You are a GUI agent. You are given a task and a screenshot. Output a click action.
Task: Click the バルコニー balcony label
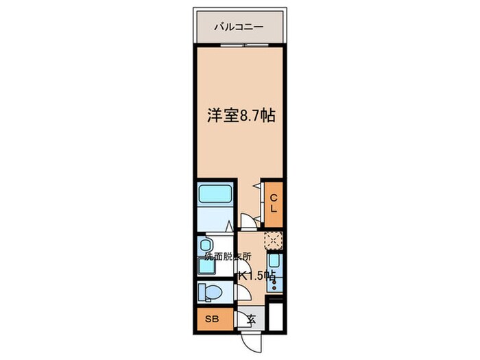coord(239,28)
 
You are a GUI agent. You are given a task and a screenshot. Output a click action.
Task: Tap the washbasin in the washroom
coord(204,246)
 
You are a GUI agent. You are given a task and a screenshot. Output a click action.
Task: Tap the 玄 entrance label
coord(252,319)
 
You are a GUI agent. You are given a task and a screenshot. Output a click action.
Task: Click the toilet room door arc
coord(241,291)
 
